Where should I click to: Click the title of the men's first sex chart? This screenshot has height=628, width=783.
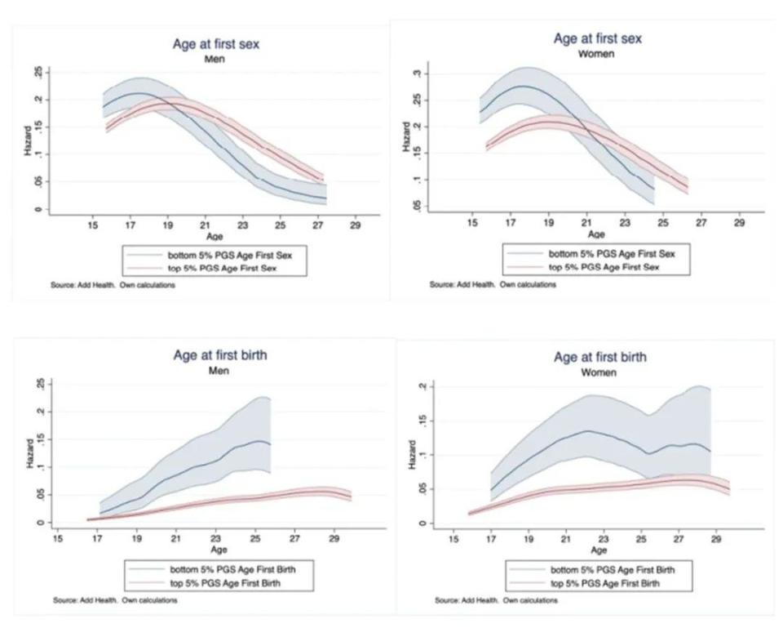pos(215,44)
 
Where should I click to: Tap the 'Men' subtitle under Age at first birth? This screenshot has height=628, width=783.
pos(219,370)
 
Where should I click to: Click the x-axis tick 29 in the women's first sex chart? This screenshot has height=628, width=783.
pos(739,222)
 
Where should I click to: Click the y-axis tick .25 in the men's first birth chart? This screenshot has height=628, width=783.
pos(38,385)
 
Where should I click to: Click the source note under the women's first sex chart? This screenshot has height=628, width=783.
pos(493,285)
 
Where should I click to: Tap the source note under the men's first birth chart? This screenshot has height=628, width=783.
pos(114,600)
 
